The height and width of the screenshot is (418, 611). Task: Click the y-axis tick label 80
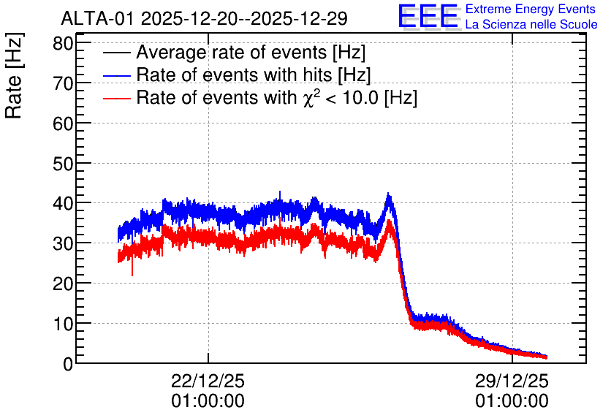pos(63,43)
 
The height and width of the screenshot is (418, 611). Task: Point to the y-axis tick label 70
pos(63,83)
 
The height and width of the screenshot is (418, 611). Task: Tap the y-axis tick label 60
pos(63,123)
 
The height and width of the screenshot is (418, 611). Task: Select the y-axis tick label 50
pos(63,164)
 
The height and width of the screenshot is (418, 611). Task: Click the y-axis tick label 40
pos(63,204)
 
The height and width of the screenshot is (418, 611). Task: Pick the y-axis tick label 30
pos(63,244)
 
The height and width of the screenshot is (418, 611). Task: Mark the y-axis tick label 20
pos(63,284)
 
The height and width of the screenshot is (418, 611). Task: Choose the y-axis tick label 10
pos(63,324)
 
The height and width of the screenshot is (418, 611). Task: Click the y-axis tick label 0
pos(68,364)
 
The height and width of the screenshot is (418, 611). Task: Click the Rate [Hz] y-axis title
pos(14,75)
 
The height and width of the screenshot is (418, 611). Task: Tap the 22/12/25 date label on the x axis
pos(208,381)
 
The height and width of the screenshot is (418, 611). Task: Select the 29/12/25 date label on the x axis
pos(512,381)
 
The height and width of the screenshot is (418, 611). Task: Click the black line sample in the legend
pos(116,52)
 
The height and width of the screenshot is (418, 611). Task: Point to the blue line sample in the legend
pos(116,75)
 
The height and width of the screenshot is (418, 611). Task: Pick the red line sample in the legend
pos(116,98)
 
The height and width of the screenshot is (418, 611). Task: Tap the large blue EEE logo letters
pos(428,16)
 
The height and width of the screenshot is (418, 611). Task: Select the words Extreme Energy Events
pos(531,9)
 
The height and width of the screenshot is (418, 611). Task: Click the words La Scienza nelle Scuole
pos(531,24)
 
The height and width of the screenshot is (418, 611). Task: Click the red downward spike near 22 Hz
pos(132,269)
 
